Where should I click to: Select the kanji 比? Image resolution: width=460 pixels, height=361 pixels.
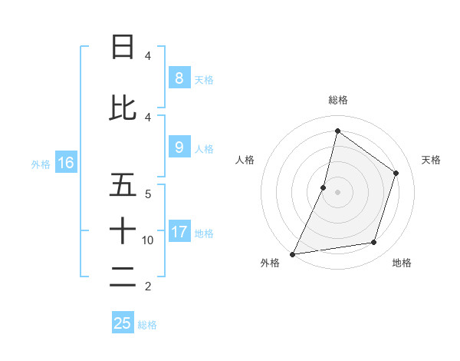pyautogui.click(x=123, y=107)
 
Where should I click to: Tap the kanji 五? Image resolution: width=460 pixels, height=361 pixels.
pyautogui.click(x=123, y=184)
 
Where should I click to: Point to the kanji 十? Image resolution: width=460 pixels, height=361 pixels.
pyautogui.click(x=123, y=230)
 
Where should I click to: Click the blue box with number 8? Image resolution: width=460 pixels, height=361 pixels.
pyautogui.click(x=179, y=78)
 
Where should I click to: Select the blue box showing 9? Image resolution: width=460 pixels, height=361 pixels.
pyautogui.click(x=179, y=147)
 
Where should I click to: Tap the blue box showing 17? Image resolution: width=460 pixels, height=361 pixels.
pyautogui.click(x=179, y=232)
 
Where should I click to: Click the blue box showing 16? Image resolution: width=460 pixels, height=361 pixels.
pyautogui.click(x=65, y=163)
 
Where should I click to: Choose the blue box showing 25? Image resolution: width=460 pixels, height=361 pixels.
pyautogui.click(x=123, y=323)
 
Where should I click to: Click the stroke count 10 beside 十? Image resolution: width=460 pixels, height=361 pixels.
pyautogui.click(x=148, y=240)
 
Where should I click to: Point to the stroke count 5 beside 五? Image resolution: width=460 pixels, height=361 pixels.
pyautogui.click(x=148, y=194)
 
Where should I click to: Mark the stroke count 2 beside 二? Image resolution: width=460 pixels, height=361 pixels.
pyautogui.click(x=148, y=286)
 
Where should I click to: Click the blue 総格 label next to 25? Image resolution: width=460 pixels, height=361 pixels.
pyautogui.click(x=147, y=325)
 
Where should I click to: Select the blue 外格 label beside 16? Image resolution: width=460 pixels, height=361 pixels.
pyautogui.click(x=40, y=164)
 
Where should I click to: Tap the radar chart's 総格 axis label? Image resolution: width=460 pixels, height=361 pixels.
pyautogui.click(x=337, y=100)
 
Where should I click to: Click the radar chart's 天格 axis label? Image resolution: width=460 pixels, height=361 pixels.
pyautogui.click(x=431, y=160)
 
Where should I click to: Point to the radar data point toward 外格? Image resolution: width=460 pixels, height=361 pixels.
pyautogui.click(x=292, y=253)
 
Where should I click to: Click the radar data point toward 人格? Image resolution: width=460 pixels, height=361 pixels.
pyautogui.click(x=324, y=187)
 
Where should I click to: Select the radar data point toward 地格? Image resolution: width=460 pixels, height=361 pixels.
pyautogui.click(x=374, y=243)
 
